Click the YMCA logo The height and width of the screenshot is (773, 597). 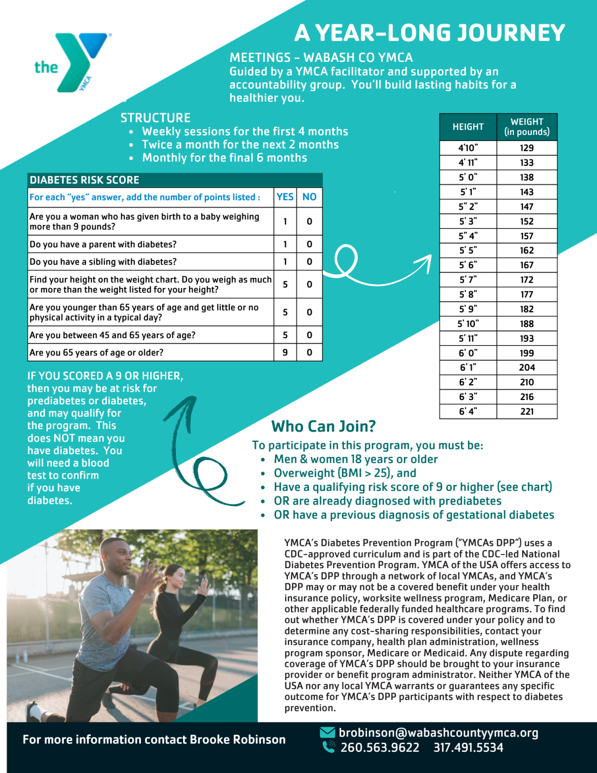72,63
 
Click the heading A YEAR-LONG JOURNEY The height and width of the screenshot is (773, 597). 429,33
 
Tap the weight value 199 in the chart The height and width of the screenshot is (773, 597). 526,353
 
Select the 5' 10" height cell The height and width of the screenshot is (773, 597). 468,324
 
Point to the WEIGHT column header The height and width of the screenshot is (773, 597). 526,127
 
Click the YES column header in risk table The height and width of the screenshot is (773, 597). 285,197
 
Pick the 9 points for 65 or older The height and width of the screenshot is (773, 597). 285,353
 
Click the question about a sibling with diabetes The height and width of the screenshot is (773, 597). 103,262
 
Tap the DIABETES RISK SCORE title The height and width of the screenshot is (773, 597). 85,180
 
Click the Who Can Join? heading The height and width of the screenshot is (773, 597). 324,426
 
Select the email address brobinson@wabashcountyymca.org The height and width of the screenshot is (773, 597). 439,733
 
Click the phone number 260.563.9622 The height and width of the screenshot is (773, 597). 380,748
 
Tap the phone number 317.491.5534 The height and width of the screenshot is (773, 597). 468,748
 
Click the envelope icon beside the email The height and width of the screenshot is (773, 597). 327,733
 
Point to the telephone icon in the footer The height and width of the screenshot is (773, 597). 329,747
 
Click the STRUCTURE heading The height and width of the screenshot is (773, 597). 156,118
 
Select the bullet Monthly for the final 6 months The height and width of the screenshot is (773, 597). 225,158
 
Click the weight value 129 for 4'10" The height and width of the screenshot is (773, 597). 526,148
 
